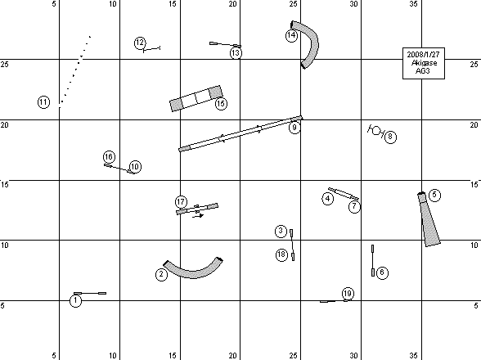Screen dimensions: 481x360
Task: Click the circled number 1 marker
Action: pos(76,300)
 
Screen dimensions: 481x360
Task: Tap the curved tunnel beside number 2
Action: pos(193,272)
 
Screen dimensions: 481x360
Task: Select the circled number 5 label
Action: pos(434,196)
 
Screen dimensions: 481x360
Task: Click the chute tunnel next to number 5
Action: pos(429,221)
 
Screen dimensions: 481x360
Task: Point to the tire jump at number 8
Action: pos(375,131)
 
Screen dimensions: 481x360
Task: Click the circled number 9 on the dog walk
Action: pos(294,128)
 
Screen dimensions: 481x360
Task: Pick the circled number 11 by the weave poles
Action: pos(43,102)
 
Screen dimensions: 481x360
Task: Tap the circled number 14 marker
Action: pos(291,36)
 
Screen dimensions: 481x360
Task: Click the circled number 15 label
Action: pos(221,104)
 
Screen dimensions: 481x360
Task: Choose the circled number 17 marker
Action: pos(181,202)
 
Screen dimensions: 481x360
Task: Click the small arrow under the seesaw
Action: pos(198,216)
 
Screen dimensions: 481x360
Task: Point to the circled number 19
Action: pos(348,294)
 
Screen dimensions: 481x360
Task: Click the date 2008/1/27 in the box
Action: pos(424,55)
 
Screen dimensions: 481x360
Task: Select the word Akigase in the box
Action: pos(424,63)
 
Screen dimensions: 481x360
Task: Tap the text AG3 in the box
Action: pos(423,71)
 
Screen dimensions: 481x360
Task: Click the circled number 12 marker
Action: pos(140,43)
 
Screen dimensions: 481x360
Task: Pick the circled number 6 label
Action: pos(382,272)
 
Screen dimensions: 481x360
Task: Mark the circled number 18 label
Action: pos(281,254)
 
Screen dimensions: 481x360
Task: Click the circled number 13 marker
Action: pos(236,53)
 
